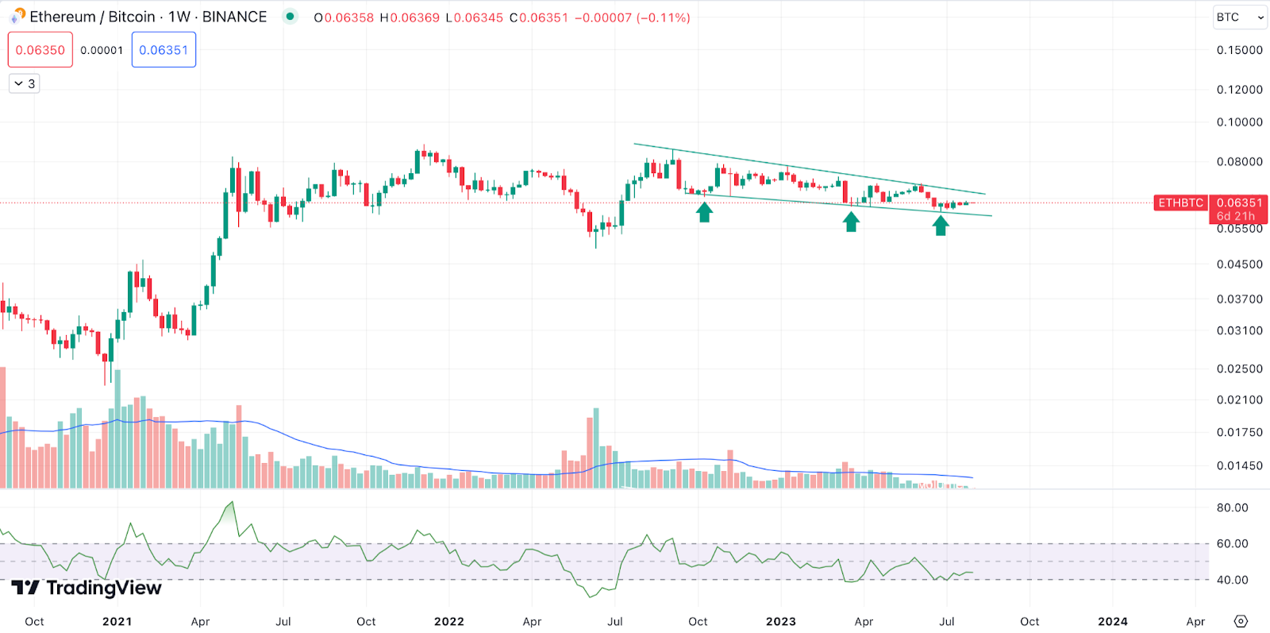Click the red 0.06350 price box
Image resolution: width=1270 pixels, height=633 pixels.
tap(40, 50)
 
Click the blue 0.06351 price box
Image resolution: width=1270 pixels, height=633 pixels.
tap(164, 50)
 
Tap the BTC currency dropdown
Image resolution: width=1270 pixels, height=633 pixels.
tap(1239, 17)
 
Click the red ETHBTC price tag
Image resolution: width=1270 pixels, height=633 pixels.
tap(1180, 203)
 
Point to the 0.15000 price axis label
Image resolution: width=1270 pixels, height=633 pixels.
tap(1239, 50)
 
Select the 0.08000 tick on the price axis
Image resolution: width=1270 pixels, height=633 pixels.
tap(1239, 162)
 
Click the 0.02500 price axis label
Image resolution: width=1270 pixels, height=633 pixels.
tap(1239, 369)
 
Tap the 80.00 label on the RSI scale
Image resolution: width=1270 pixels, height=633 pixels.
tap(1232, 508)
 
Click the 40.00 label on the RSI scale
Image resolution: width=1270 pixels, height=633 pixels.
tap(1232, 580)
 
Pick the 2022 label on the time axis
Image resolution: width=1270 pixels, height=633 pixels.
tap(449, 621)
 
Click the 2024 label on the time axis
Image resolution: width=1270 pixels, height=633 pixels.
tap(1113, 621)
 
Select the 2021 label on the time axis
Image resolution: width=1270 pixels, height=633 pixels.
tap(117, 621)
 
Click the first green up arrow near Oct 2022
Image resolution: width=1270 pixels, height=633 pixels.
tap(704, 212)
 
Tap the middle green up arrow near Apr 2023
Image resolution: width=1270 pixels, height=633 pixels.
tap(852, 222)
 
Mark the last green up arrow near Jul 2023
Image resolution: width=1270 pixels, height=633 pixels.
tap(941, 226)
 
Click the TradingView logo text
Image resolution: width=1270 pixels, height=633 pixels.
tap(103, 588)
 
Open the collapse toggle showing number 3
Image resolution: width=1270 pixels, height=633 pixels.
tap(25, 83)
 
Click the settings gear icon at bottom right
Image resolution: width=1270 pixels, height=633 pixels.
tap(1241, 621)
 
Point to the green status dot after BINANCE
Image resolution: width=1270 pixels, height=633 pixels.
tap(291, 17)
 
